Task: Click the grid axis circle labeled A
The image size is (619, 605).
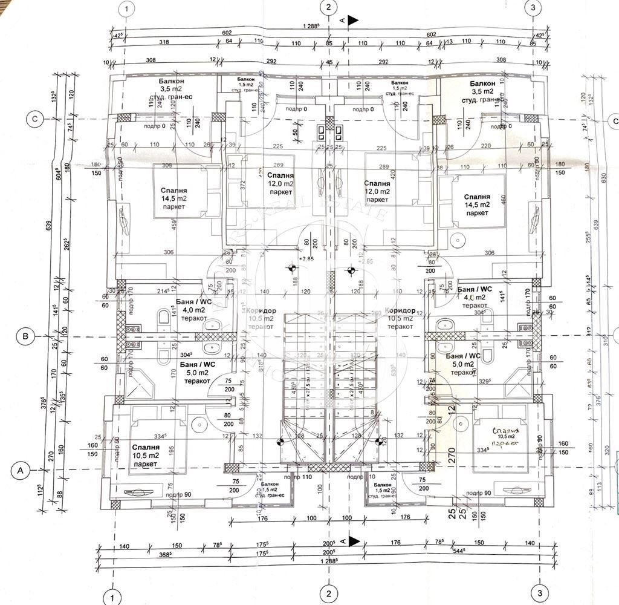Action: tap(21, 469)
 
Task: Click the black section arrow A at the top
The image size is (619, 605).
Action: tap(353, 19)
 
